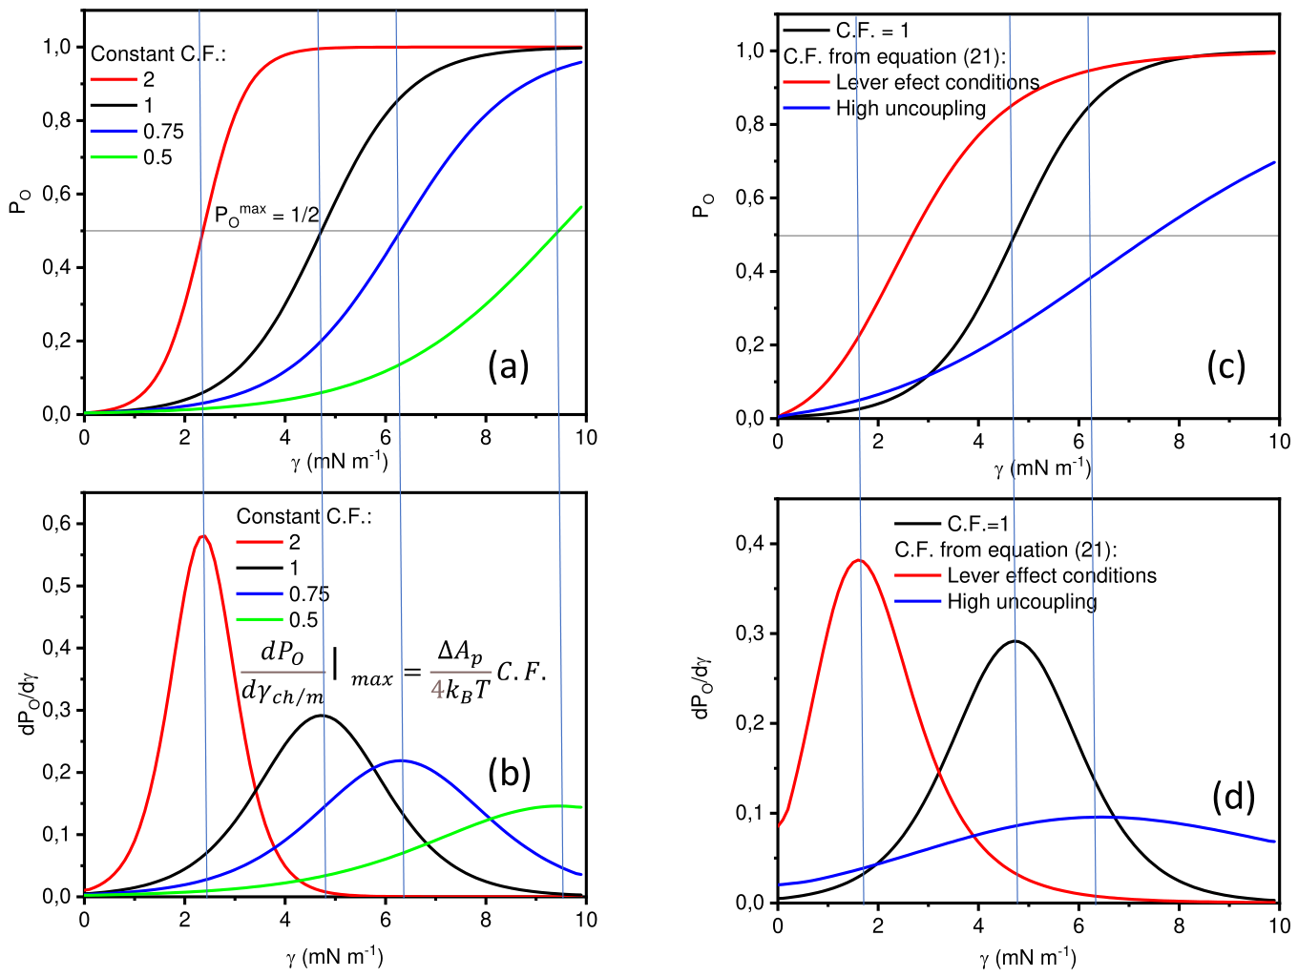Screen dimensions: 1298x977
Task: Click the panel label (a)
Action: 508,366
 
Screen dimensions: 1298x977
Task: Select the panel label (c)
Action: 1225,366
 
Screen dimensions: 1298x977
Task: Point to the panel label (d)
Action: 1233,798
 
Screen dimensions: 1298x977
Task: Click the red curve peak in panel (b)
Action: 203,535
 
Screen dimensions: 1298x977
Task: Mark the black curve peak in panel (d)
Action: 1015,640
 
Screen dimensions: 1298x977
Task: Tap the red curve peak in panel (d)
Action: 859,559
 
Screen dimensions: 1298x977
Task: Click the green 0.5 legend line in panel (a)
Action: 114,156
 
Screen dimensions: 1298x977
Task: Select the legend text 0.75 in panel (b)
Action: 309,594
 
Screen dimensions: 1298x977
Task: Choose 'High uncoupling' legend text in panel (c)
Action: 911,108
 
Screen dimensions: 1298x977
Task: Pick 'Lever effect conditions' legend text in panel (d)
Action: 1052,575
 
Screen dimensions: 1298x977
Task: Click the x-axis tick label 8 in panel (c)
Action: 1179,441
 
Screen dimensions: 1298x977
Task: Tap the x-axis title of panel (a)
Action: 340,461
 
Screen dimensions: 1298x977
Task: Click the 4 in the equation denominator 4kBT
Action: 437,689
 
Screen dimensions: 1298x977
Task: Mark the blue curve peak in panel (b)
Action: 401,760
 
